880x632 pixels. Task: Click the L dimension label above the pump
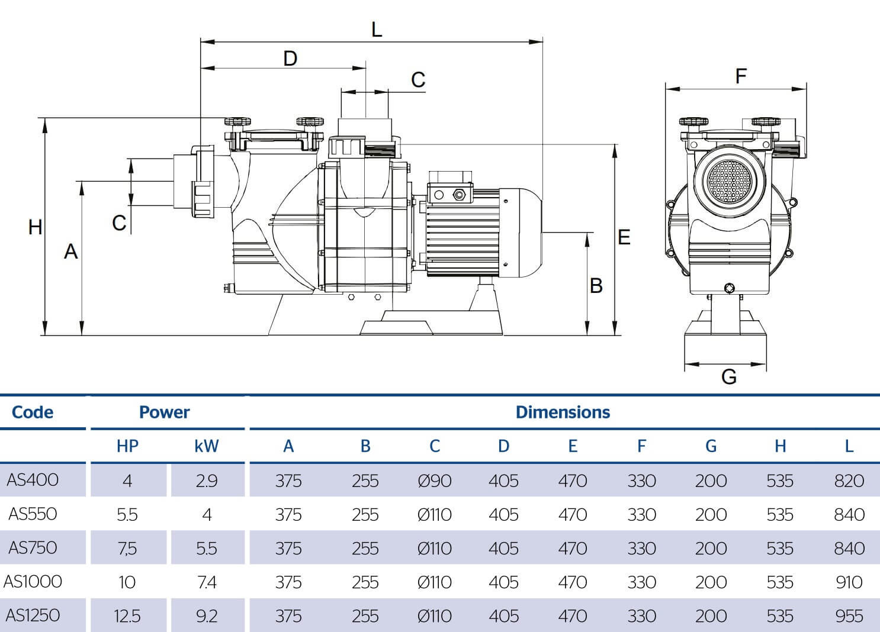[x=377, y=29]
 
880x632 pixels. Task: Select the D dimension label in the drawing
[x=290, y=59]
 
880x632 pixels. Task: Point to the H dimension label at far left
[x=36, y=227]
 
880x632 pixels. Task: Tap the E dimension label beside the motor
[x=624, y=237]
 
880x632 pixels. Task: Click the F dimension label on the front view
[x=740, y=76]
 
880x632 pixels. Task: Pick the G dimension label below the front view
[x=729, y=376]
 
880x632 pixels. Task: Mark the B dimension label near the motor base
[x=596, y=286]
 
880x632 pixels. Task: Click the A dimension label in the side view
[x=71, y=252]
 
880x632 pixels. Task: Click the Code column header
[x=33, y=412]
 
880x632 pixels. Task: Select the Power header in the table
[x=165, y=412]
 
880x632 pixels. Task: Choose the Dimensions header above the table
[x=563, y=412]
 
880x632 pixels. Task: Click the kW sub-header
[x=206, y=446]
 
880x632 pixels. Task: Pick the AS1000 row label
[x=33, y=582]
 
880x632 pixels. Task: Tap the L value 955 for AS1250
[x=849, y=616]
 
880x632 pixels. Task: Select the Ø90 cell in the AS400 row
[x=435, y=481]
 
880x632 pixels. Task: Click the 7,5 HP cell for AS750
[x=127, y=549]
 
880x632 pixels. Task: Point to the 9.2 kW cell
[x=206, y=616]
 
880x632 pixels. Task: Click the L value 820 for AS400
[x=849, y=481]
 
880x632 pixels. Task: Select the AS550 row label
[x=33, y=514]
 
